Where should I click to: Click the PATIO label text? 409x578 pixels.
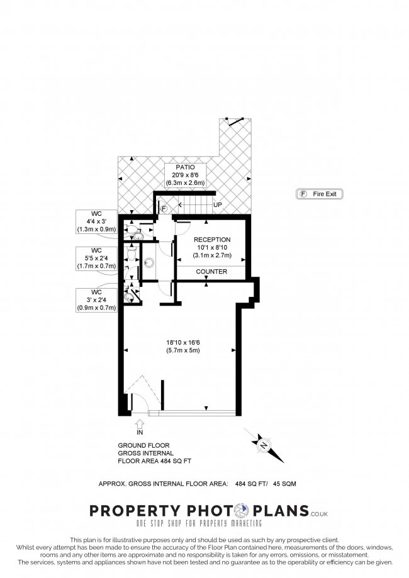click(x=185, y=167)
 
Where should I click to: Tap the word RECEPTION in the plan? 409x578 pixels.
click(x=212, y=240)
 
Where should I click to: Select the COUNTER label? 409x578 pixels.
click(x=211, y=271)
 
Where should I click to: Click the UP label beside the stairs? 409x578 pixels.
click(x=218, y=204)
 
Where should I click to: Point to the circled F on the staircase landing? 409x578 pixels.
click(x=164, y=209)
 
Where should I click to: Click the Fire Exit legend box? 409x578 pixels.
click(x=320, y=194)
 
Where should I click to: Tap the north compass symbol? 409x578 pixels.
click(x=264, y=445)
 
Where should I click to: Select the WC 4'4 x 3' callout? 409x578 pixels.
click(x=97, y=221)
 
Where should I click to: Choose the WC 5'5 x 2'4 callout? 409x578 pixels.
click(x=97, y=258)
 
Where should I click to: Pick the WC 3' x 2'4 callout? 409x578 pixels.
click(x=97, y=300)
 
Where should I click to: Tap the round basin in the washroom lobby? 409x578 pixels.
click(x=149, y=262)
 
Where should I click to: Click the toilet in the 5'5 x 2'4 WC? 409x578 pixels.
click(x=132, y=253)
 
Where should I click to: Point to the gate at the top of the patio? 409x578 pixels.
click(x=235, y=121)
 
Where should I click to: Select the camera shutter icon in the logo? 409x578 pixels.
click(x=243, y=511)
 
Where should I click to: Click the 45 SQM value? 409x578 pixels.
click(x=284, y=484)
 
